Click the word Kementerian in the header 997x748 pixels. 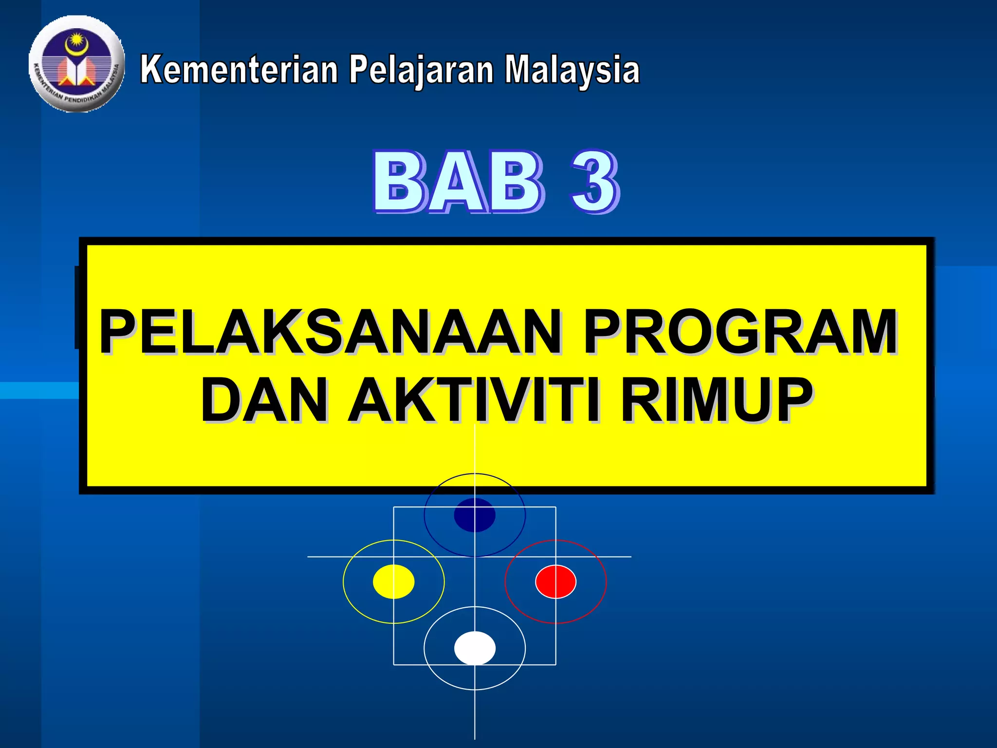tap(239, 70)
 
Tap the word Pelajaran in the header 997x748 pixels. tap(421, 70)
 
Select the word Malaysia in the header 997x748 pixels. tap(572, 70)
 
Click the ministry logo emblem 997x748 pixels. tap(76, 64)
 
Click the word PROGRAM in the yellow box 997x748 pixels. tap(740, 332)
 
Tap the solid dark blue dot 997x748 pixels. tap(475, 515)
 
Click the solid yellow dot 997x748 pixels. tap(393, 581)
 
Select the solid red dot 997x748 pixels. tap(555, 581)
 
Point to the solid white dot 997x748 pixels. tap(475, 648)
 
